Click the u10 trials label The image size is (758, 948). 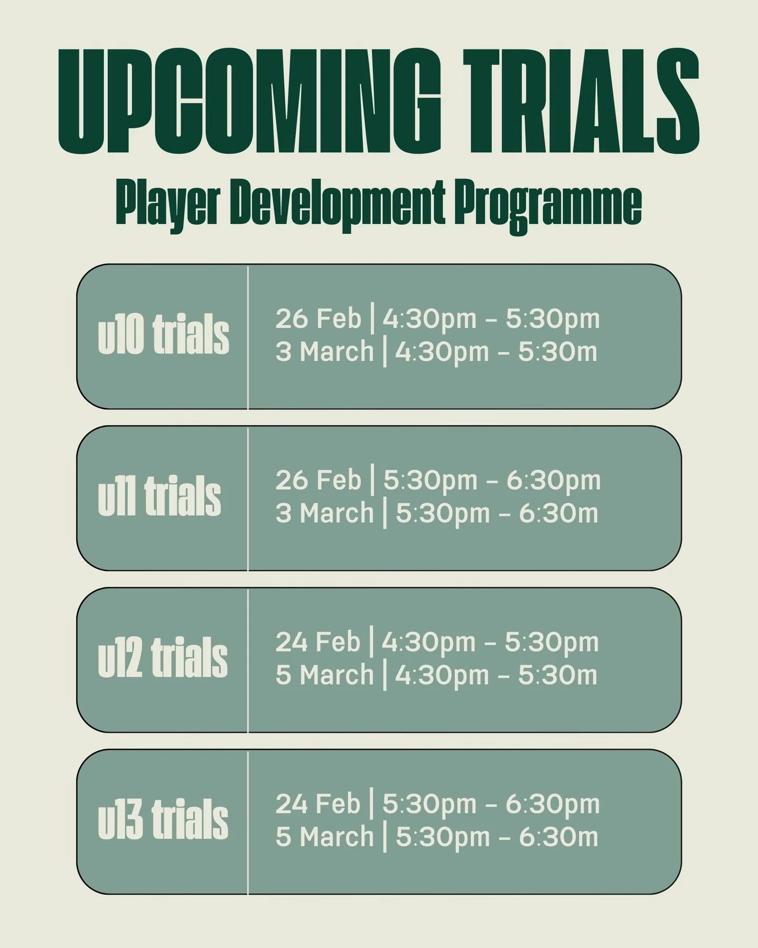tap(163, 335)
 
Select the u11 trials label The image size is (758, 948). tap(159, 497)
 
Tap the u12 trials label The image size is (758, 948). tap(163, 659)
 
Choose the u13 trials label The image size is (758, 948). tap(163, 821)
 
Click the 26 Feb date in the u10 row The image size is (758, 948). tap(318, 319)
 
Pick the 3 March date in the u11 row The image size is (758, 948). tap(324, 513)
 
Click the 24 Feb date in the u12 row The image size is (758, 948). tap(317, 643)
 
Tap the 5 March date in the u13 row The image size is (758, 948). tap(324, 837)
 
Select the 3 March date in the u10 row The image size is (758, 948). tap(324, 352)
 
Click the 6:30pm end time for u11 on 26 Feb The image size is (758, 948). tap(553, 481)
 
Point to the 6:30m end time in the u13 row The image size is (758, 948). tap(558, 837)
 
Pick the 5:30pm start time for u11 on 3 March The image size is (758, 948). tap(443, 513)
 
